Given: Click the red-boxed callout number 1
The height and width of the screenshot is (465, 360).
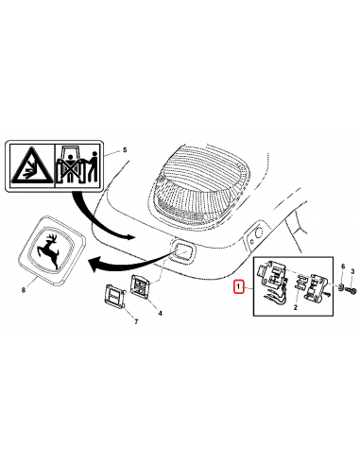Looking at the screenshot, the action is coord(238,286).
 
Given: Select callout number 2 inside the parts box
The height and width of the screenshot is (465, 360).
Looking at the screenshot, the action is coord(296,307).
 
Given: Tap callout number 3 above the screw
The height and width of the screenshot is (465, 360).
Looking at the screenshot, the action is coord(352,271).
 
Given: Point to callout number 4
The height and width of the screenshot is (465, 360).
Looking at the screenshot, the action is coord(160,313).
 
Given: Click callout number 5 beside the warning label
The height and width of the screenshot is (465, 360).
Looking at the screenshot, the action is coord(125,150).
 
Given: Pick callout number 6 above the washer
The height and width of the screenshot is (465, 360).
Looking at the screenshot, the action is coord(343,267).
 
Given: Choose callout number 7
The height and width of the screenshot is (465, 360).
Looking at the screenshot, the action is coord(136,322).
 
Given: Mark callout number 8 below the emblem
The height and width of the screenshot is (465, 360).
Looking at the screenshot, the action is coord(24,290).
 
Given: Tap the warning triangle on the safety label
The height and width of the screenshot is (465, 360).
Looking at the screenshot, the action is coord(32,166).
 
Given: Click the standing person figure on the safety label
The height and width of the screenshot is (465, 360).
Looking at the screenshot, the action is coord(93,166).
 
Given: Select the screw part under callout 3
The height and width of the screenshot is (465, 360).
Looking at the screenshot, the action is coord(351,289).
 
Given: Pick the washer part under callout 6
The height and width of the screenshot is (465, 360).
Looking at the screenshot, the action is coord(341,286).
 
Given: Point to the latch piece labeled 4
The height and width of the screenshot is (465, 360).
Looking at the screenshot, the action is coord(141,287).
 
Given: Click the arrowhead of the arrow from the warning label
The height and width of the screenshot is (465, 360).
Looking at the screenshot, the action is coord(129,236).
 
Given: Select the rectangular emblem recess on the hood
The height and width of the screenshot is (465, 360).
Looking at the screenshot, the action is coord(182,252).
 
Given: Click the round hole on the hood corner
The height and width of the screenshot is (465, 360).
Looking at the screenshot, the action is coord(259,233).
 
